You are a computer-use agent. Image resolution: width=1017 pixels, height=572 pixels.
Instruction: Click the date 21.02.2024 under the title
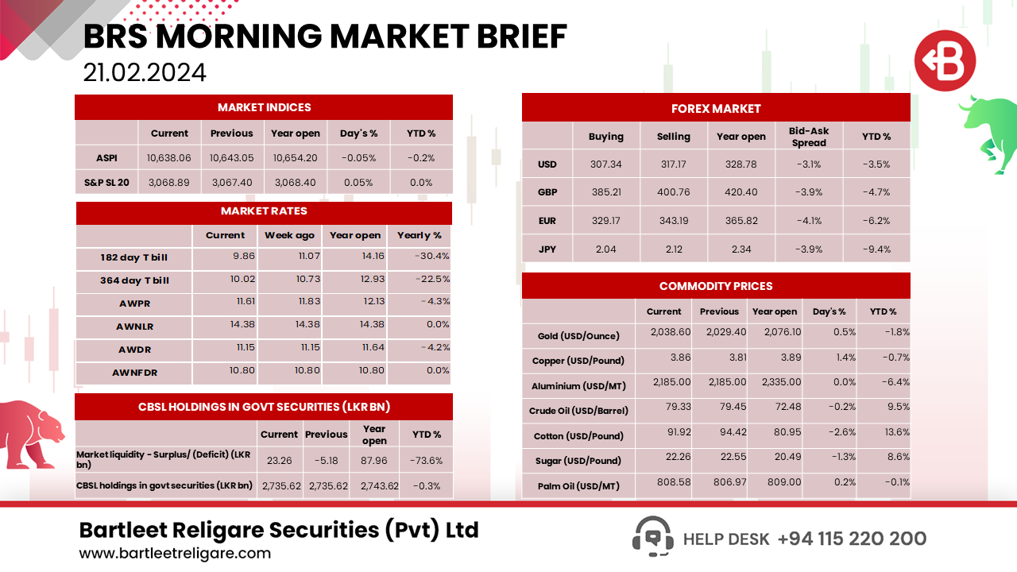(145, 72)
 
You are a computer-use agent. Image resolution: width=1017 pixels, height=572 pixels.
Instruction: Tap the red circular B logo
(945, 61)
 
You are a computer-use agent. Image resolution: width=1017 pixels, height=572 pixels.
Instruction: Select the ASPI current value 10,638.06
(169, 158)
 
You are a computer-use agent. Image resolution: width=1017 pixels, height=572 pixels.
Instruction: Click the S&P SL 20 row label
(106, 182)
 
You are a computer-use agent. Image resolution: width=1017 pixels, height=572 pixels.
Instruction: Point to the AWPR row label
(133, 303)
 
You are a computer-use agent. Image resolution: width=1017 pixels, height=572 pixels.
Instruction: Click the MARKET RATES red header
(264, 211)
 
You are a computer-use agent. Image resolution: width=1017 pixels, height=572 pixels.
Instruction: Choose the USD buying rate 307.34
(606, 164)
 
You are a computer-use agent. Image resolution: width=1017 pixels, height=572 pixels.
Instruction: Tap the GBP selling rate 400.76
(674, 192)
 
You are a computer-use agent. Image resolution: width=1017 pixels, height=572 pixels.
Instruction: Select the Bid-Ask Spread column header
(808, 137)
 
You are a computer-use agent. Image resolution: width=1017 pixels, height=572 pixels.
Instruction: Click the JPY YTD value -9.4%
(876, 249)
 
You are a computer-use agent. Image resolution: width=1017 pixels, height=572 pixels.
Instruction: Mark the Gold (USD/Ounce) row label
(574, 336)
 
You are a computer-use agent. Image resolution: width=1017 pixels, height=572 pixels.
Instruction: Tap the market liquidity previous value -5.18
(326, 460)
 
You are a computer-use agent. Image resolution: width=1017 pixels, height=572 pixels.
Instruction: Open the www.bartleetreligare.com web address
(175, 554)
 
